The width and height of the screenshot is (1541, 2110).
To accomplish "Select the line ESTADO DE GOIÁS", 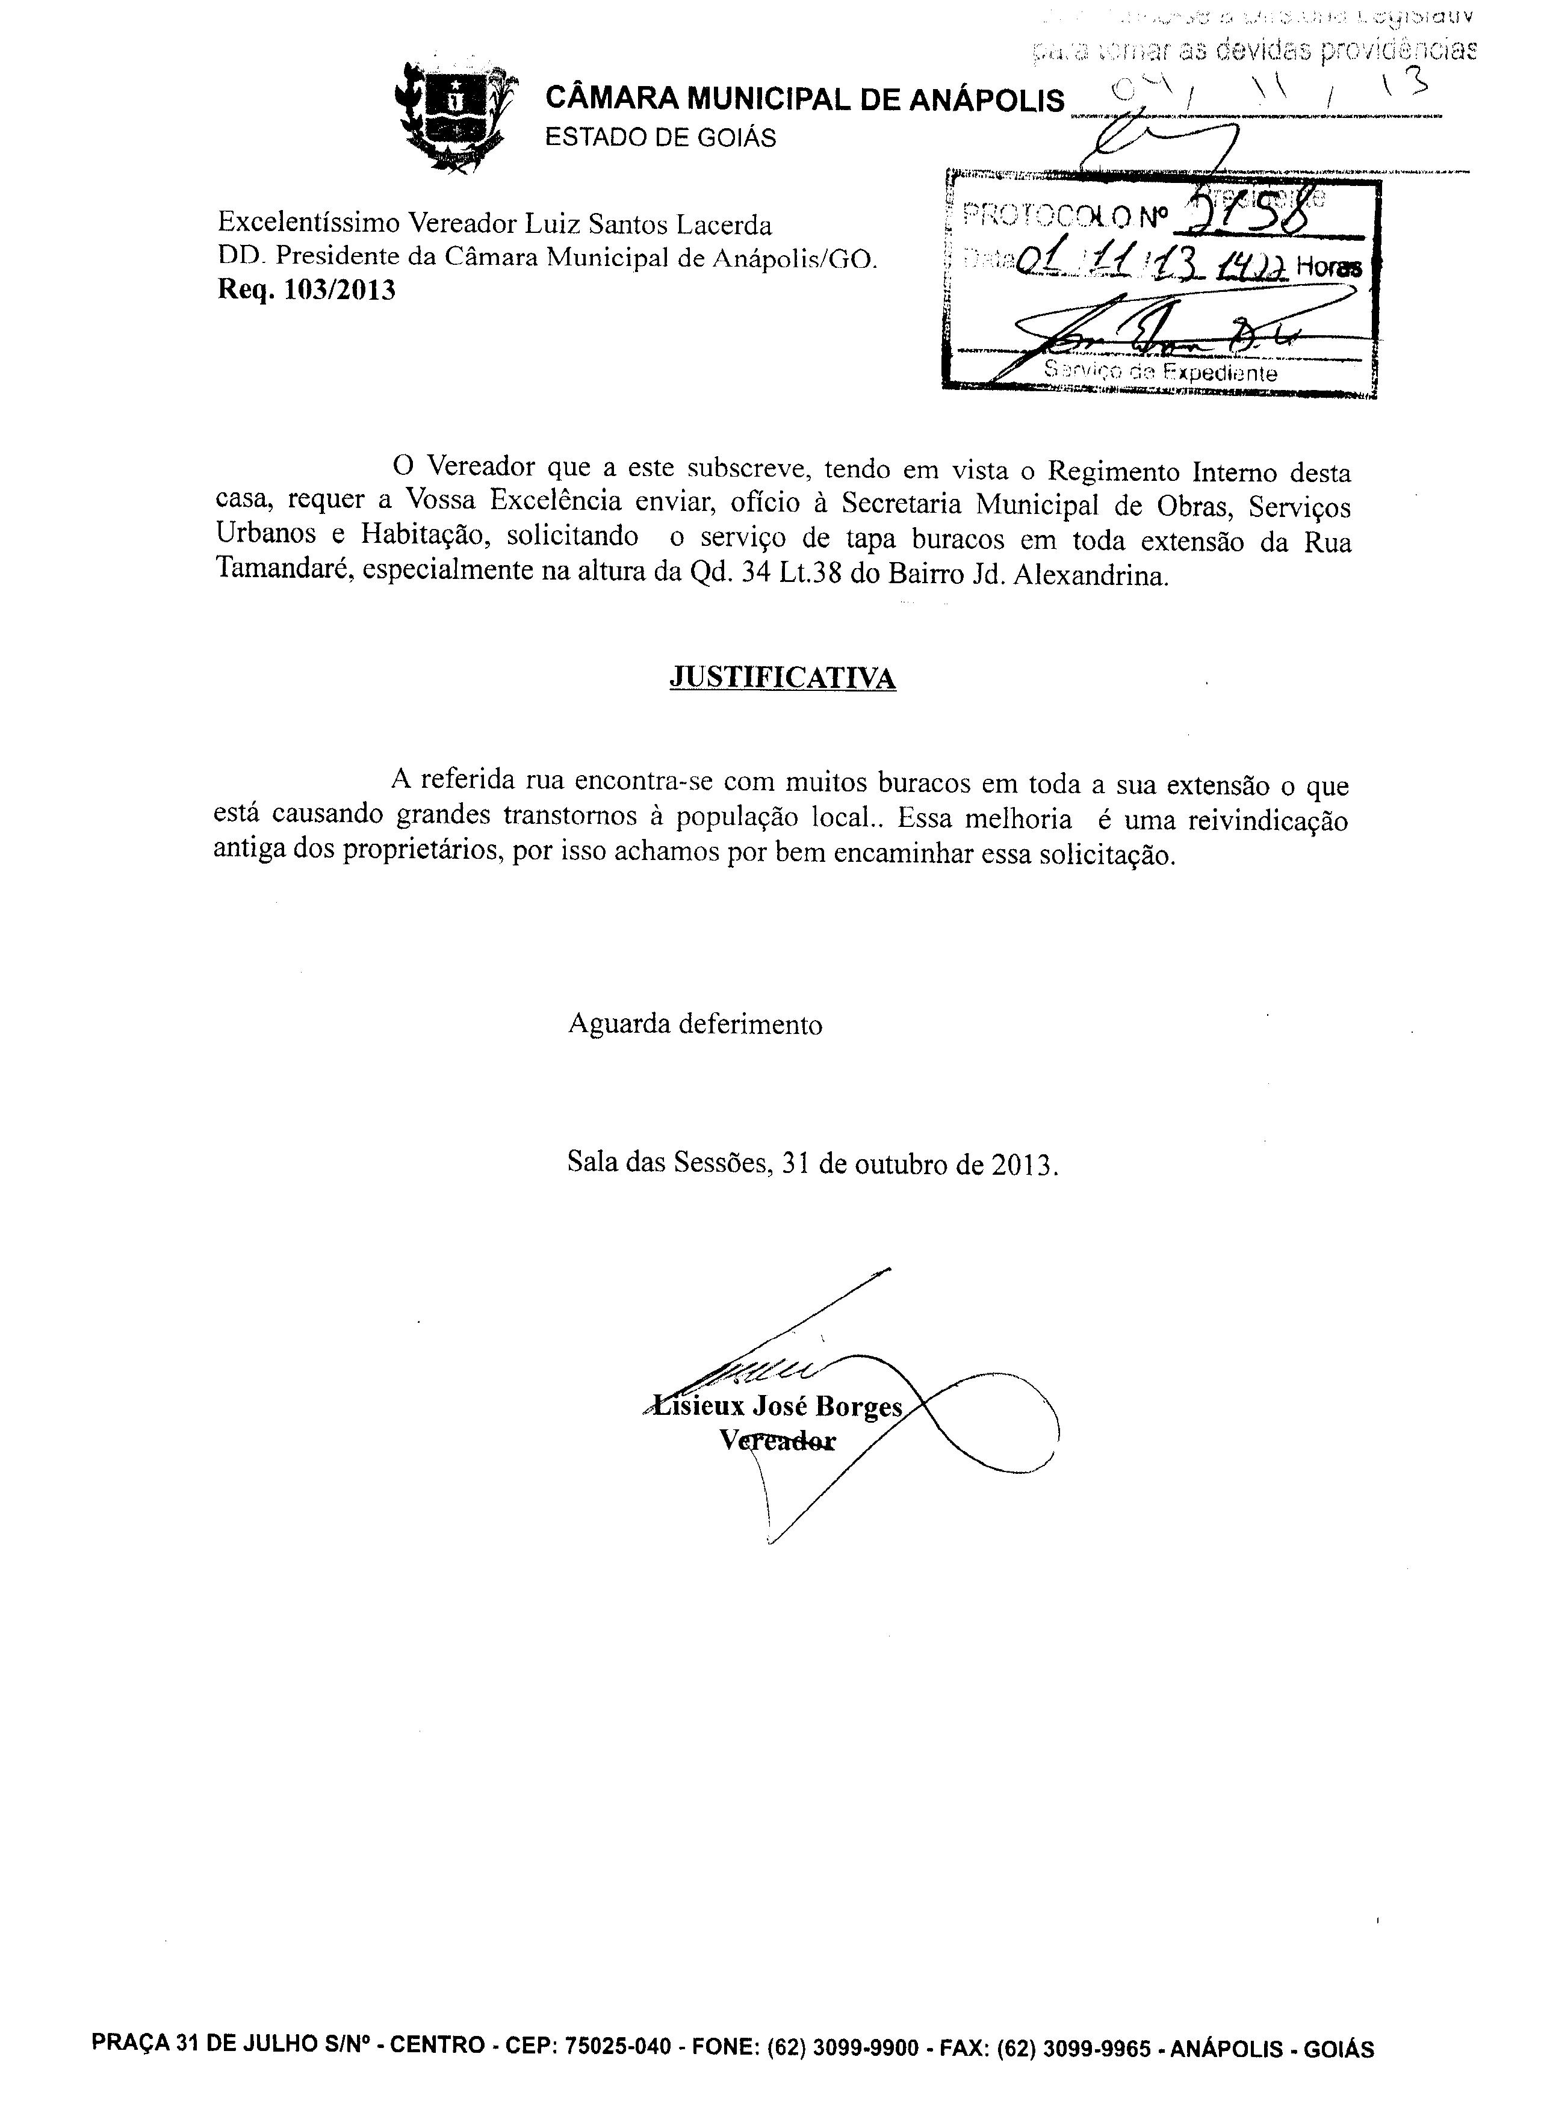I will [x=660, y=137].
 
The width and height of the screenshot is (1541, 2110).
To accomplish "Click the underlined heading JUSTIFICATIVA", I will [x=783, y=677].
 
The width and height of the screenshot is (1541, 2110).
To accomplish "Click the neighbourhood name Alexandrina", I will [x=1090, y=575].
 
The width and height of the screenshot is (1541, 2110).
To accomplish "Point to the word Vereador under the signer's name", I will [x=778, y=1441].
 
